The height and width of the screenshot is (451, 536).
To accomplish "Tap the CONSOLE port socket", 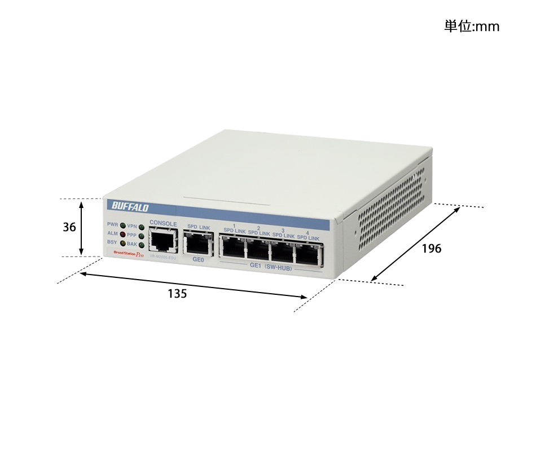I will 162,241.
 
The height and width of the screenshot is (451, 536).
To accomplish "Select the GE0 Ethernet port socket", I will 198,244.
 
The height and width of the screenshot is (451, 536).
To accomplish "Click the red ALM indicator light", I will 122,234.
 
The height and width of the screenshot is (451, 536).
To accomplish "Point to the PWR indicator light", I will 122,225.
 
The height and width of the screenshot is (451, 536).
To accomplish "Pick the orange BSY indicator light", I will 122,243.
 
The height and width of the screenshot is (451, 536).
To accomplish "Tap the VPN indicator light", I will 141,227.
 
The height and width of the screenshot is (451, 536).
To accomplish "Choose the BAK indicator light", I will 141,245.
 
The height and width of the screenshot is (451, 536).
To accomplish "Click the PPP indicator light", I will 141,236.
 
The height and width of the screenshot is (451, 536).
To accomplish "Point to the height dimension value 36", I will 69,227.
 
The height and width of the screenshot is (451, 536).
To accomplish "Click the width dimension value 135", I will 177,294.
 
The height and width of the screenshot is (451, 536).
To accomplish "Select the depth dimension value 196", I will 432,249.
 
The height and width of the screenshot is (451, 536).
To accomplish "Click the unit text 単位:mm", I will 472,26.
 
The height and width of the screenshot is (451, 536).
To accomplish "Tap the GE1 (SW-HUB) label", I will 270,267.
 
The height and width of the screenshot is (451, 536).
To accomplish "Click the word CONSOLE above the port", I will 163,224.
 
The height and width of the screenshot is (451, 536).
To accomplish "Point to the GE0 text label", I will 198,260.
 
